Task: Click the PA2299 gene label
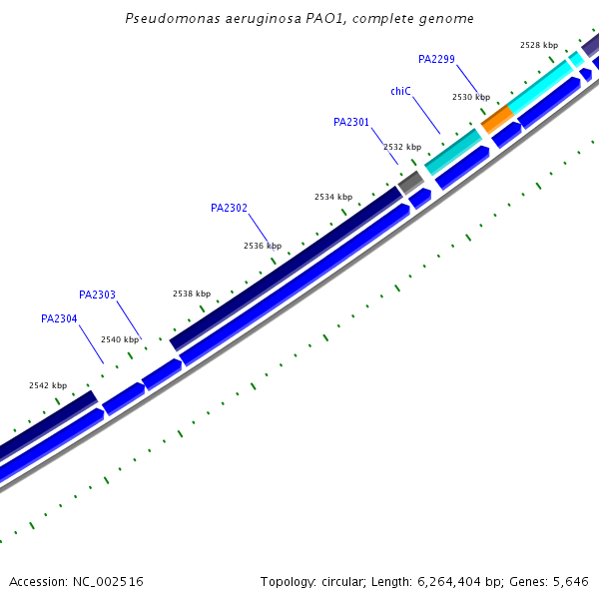tap(436, 59)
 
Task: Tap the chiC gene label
tap(400, 91)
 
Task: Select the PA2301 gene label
tap(351, 123)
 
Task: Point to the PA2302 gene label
tap(229, 209)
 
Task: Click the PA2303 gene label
tap(97, 295)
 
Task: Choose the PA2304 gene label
tap(59, 318)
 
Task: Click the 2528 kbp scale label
tap(539, 45)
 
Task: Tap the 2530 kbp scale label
tap(471, 97)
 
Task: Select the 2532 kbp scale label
tap(402, 147)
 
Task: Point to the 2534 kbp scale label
tap(333, 197)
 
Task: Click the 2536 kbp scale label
tap(263, 246)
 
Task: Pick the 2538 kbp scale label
tap(192, 294)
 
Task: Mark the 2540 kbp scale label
tap(120, 339)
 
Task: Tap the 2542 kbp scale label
tap(48, 385)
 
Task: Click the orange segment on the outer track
tap(496, 117)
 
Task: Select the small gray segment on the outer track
tap(410, 182)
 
